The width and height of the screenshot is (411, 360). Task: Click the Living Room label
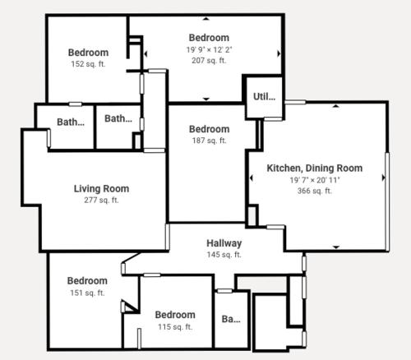[x=101, y=189]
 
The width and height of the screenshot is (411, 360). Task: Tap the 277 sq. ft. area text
[x=101, y=201]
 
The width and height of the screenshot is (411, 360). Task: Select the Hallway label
[x=224, y=243]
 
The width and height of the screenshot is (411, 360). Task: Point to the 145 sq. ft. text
[x=224, y=255]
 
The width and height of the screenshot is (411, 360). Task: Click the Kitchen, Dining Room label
[x=315, y=168]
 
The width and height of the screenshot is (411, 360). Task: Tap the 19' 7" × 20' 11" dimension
[x=315, y=180]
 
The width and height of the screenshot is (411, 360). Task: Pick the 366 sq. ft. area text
[x=315, y=191]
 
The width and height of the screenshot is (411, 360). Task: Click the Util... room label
[x=264, y=96]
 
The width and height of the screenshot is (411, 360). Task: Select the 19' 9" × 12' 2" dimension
[x=209, y=50]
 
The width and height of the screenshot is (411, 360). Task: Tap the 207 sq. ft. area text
[x=209, y=60]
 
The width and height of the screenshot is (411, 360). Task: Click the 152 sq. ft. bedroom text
[x=88, y=64]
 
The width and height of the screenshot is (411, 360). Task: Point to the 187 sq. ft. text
[x=210, y=141]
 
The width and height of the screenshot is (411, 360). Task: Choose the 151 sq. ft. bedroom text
[x=87, y=293]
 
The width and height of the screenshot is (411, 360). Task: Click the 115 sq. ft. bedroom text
[x=175, y=327]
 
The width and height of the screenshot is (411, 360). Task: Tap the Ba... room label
[x=231, y=319]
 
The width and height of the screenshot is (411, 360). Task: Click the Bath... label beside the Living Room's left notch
[x=71, y=122]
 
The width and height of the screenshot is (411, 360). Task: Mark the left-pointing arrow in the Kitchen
[x=251, y=178]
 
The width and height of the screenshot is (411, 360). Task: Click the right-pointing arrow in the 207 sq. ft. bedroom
[x=279, y=53]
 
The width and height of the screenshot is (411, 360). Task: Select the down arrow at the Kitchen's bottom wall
[x=336, y=247]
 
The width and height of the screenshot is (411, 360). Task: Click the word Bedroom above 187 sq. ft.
[x=210, y=129]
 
